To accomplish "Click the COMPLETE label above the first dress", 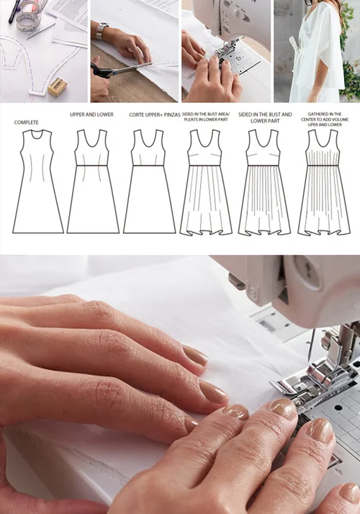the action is click(x=26, y=122).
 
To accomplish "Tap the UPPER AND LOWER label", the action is click(x=91, y=114).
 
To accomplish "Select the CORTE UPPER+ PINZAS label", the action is click(x=155, y=114).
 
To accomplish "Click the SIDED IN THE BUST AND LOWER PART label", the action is click(x=265, y=117).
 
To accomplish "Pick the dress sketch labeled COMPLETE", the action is click(x=38, y=181).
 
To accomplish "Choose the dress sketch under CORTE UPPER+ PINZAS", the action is click(x=150, y=181).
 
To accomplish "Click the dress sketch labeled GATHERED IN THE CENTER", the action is click(x=324, y=182).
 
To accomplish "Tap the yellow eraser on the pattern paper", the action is click(x=58, y=86).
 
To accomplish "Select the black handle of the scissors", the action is click(x=99, y=71).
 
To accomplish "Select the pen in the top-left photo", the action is click(x=14, y=11).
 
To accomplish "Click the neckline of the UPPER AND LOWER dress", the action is click(x=91, y=140).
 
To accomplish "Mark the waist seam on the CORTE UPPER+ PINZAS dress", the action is click(x=150, y=166).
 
